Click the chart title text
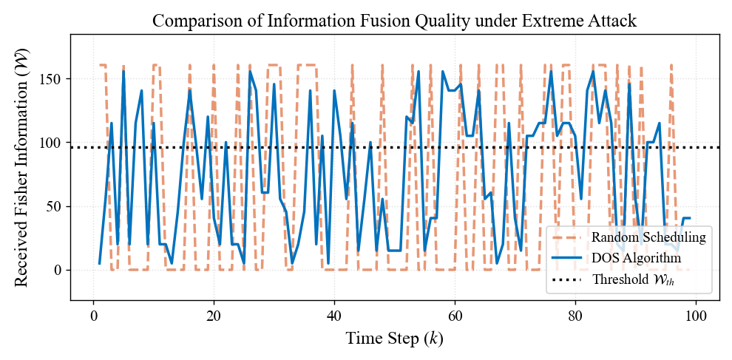(395, 20)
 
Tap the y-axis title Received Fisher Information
(21, 167)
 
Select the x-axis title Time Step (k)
(395, 339)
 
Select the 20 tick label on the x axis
(214, 314)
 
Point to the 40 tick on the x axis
(334, 314)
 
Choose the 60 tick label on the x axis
(455, 314)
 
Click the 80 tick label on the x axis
(575, 314)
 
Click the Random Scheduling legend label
(648, 238)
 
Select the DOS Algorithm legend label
(636, 259)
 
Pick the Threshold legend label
(633, 280)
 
